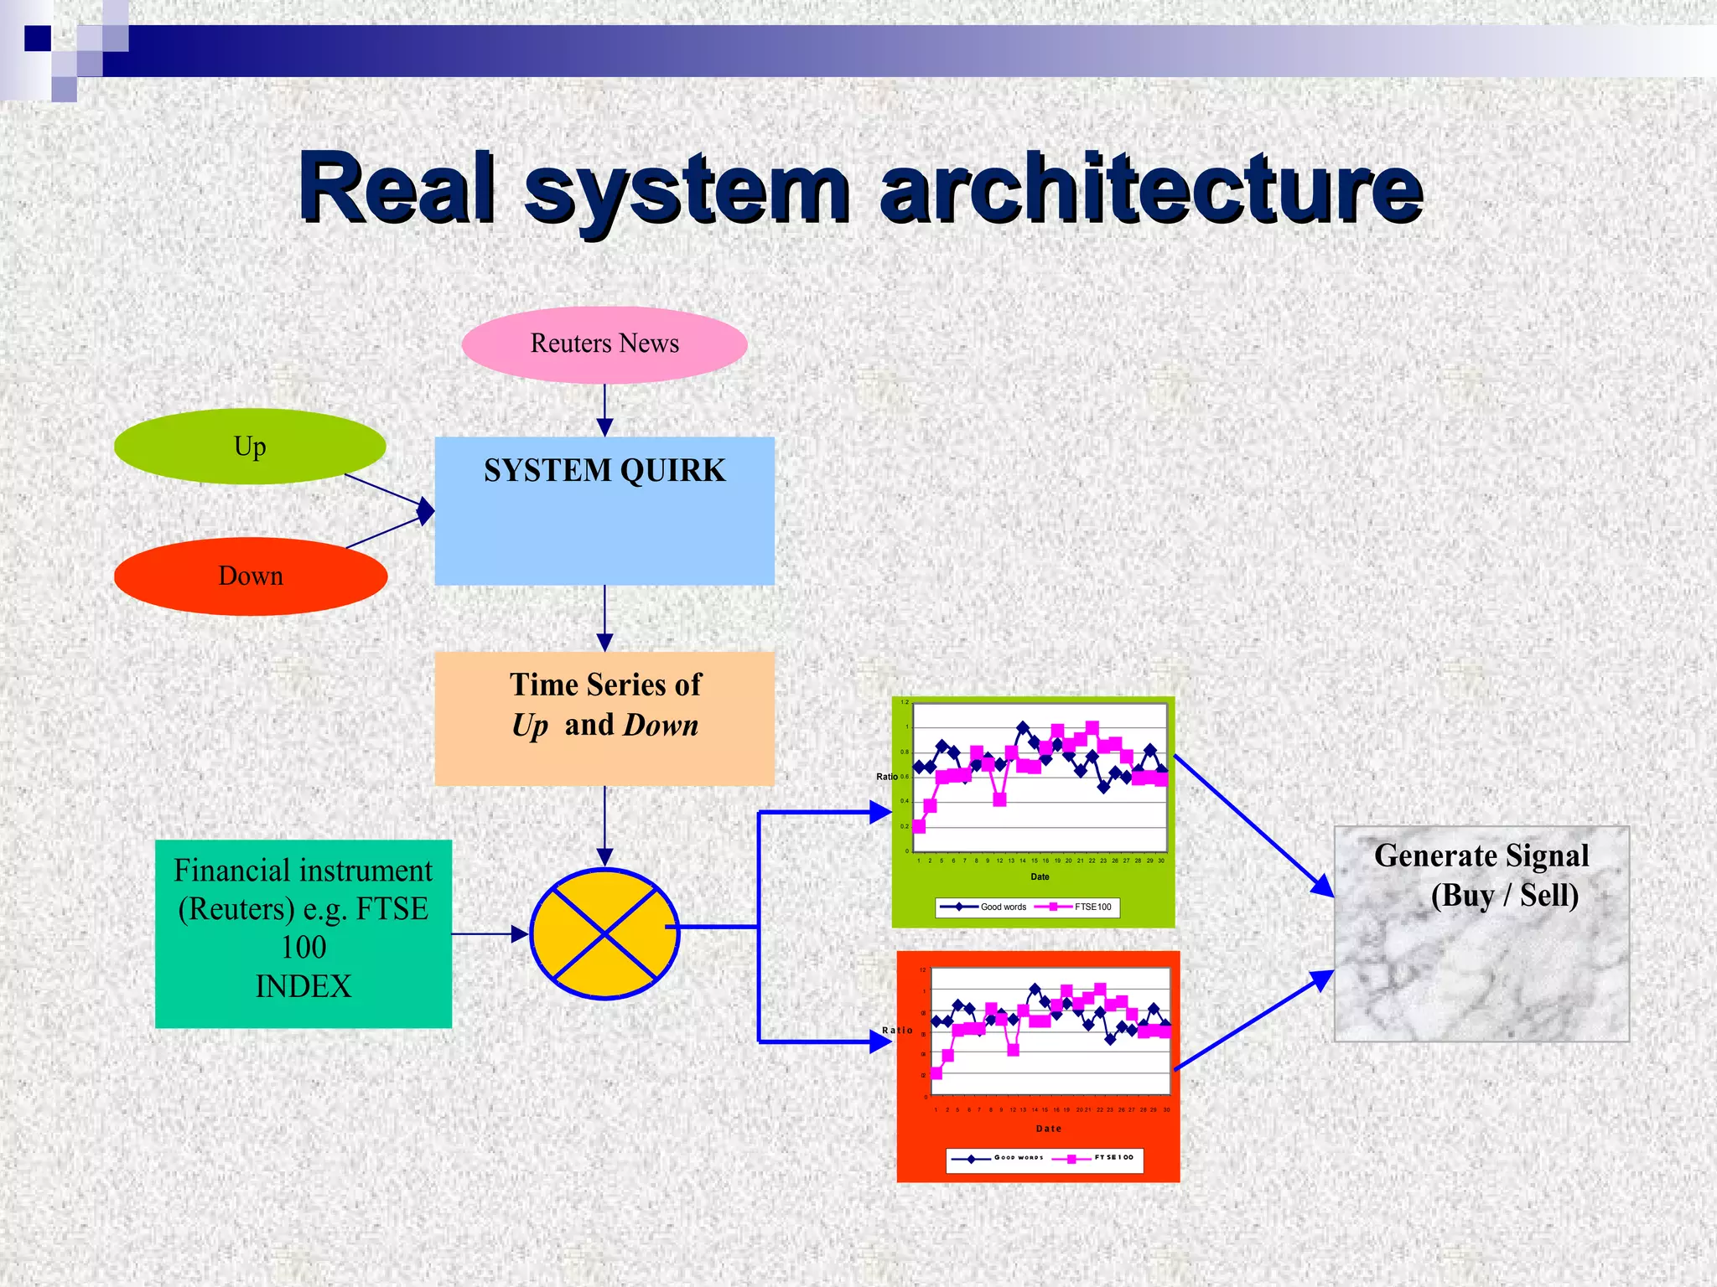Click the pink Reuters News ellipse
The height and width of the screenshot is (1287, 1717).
pyautogui.click(x=604, y=344)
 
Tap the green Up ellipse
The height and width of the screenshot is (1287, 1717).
pyautogui.click(x=250, y=447)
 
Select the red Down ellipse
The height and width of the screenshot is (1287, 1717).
pyautogui.click(x=250, y=576)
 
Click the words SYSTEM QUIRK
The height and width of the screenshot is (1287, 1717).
pyautogui.click(x=604, y=471)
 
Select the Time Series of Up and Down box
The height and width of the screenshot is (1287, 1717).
pyautogui.click(x=604, y=718)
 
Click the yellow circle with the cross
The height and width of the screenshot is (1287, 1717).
pyautogui.click(x=604, y=933)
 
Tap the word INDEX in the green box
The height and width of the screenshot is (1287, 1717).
pyautogui.click(x=303, y=986)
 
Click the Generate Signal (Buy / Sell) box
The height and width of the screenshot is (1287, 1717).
pyautogui.click(x=1481, y=933)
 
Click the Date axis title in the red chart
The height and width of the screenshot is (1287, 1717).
pyautogui.click(x=1049, y=1129)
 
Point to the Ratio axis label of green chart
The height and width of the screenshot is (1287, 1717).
pyautogui.click(x=887, y=777)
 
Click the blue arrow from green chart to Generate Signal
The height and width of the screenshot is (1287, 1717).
pyautogui.click(x=1253, y=825)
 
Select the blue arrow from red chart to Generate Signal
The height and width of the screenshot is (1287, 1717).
pyautogui.click(x=1253, y=1020)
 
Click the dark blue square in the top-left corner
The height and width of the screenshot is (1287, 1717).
pyautogui.click(x=38, y=39)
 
